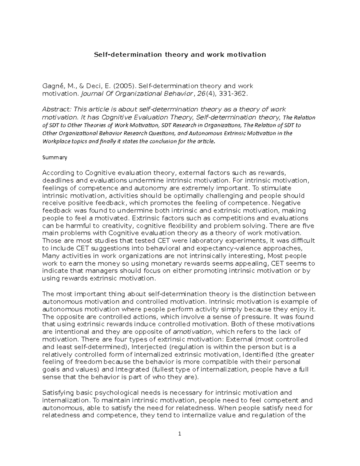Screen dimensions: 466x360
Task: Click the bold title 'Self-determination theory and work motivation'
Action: (x=180, y=55)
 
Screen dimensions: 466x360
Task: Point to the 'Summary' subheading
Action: (x=55, y=158)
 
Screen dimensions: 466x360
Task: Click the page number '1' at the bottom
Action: (x=180, y=434)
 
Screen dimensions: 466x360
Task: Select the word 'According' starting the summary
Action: (x=58, y=173)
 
